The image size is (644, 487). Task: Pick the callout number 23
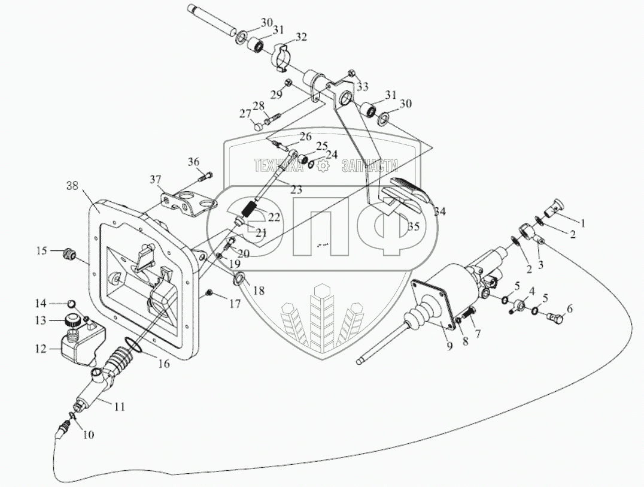click(296, 189)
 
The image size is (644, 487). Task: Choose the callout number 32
click(301, 37)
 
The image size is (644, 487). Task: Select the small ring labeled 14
click(71, 303)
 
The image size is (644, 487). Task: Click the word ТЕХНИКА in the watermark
click(278, 166)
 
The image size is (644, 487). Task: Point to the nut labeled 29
click(288, 82)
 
